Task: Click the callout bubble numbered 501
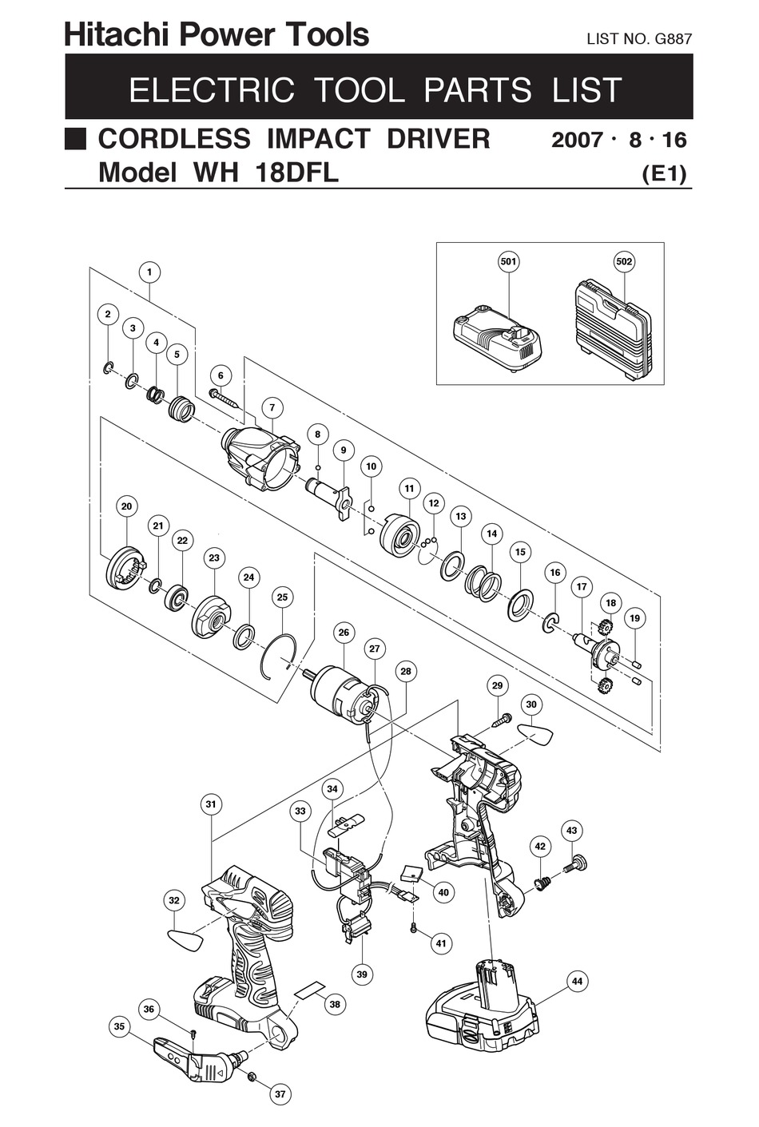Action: point(508,262)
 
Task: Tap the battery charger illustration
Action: point(497,339)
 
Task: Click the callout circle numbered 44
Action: point(577,981)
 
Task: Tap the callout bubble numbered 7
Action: point(272,407)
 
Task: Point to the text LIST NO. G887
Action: point(638,38)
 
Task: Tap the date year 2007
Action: point(577,140)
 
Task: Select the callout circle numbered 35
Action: point(120,1027)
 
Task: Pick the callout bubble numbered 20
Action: point(126,506)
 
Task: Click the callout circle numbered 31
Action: point(211,804)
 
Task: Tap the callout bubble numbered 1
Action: point(149,272)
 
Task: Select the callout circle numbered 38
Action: point(335,1004)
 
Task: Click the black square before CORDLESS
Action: point(76,139)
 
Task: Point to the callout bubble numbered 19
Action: point(634,617)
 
